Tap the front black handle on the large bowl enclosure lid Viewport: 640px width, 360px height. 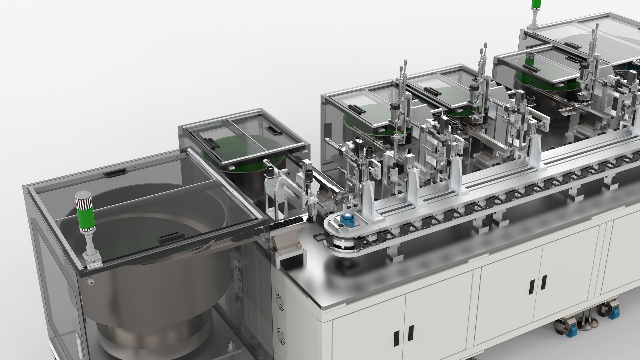(x=170, y=237)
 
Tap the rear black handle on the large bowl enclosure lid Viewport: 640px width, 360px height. (x=114, y=173)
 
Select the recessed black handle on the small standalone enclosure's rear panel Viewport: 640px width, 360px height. (x=275, y=130)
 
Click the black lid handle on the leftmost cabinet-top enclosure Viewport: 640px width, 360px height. (x=356, y=109)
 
